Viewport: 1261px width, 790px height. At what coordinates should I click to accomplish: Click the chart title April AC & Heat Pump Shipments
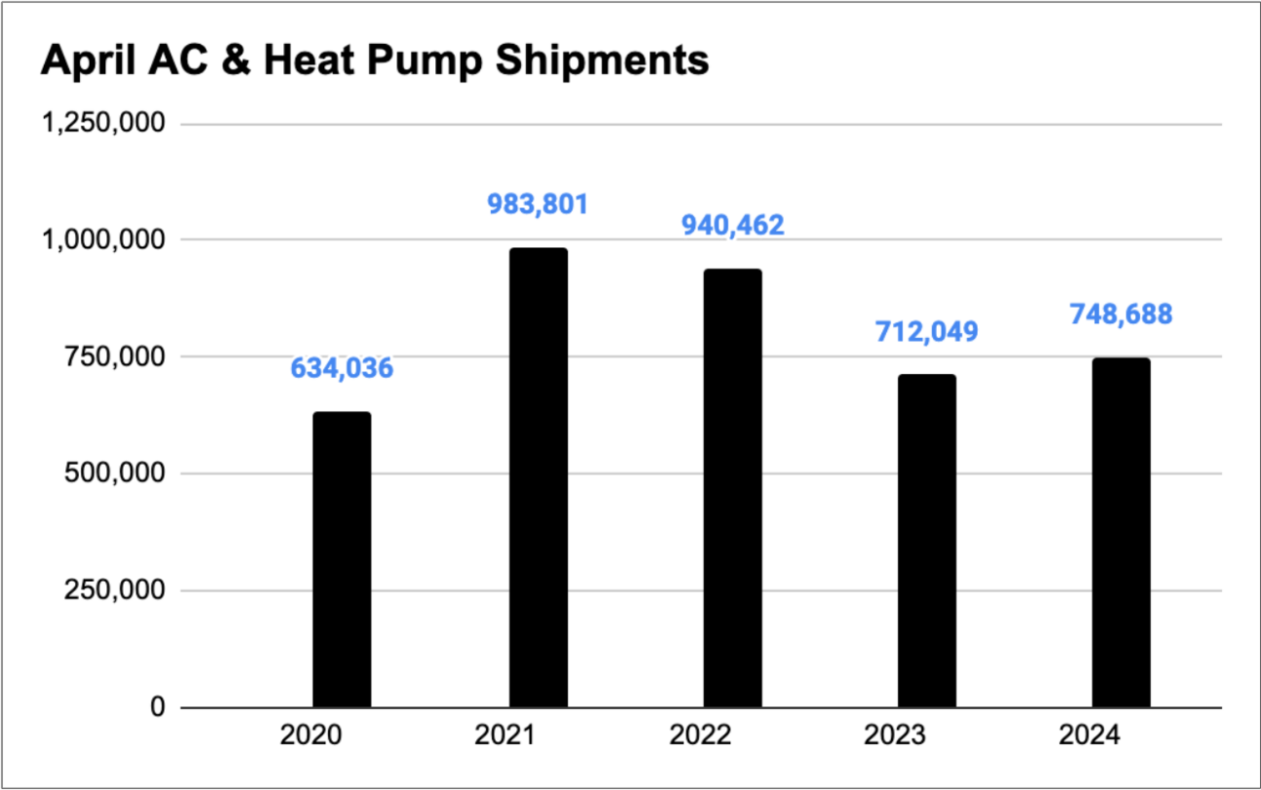374,61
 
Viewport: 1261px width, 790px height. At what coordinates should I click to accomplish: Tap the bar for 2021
537,478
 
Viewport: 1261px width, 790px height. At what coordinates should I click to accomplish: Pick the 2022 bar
732,488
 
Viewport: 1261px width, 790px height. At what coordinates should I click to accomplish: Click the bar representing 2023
926,541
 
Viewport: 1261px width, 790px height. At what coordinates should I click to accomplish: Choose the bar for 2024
1121,532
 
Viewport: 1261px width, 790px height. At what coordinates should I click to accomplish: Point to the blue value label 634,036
342,368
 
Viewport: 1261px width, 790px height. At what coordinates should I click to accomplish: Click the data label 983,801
537,204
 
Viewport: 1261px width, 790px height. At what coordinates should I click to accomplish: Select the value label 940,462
732,226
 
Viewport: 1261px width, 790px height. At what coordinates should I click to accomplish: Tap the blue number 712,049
926,331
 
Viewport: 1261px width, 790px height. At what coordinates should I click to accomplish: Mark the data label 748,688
1121,314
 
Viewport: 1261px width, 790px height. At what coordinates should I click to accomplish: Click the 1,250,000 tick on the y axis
102,124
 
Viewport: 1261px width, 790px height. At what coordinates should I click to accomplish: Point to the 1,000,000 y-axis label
102,240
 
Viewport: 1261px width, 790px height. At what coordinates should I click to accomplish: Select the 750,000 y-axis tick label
113,357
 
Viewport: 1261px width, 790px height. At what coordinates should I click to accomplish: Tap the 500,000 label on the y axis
113,474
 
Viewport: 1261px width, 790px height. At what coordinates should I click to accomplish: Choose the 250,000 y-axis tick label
113,591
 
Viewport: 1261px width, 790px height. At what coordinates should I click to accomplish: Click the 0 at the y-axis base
157,708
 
